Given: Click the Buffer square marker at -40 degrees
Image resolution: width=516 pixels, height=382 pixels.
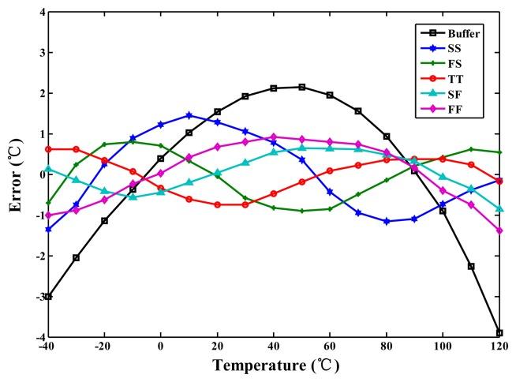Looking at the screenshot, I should pyautogui.click(x=48, y=297).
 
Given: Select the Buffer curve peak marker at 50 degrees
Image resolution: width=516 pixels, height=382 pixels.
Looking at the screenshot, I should pyautogui.click(x=302, y=87).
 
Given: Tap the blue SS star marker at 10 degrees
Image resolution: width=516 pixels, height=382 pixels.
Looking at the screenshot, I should pyautogui.click(x=189, y=115).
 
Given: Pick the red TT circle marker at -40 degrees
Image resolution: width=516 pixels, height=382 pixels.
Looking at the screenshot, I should pyautogui.click(x=48, y=149).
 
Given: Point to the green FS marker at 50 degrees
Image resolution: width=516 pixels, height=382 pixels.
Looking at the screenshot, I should pyautogui.click(x=302, y=211).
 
